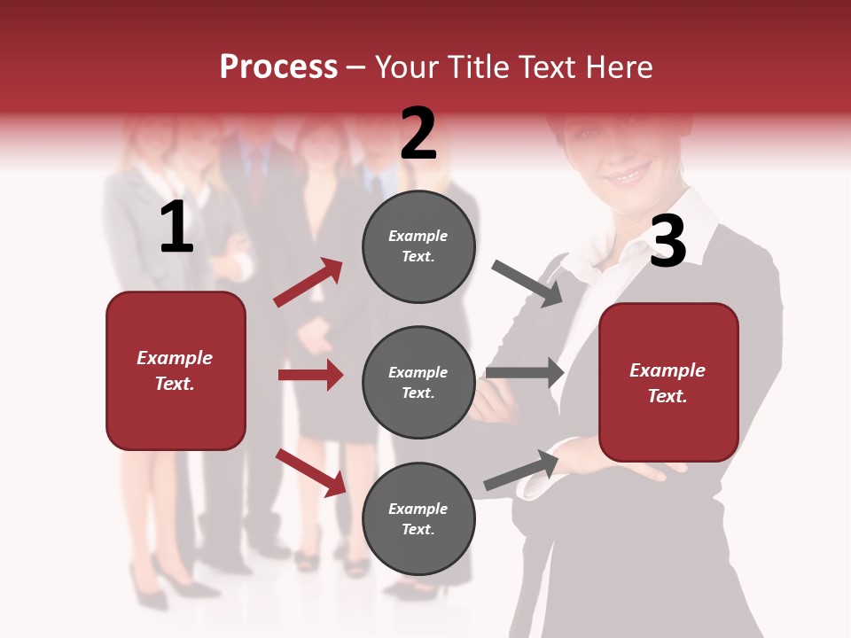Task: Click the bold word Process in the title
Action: point(278,66)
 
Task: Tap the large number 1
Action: point(176,228)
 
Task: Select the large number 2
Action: point(418,134)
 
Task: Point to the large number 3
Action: point(668,242)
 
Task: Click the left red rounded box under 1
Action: point(176,370)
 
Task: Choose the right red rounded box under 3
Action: point(668,383)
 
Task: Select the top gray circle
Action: point(418,246)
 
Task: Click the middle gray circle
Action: point(418,382)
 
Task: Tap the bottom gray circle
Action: point(418,518)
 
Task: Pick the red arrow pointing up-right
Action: point(308,283)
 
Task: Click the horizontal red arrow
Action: point(310,375)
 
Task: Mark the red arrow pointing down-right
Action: point(310,472)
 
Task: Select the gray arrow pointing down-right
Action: point(527,284)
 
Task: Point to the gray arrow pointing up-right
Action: point(521,471)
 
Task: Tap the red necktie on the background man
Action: point(255,177)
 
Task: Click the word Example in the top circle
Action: point(418,236)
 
